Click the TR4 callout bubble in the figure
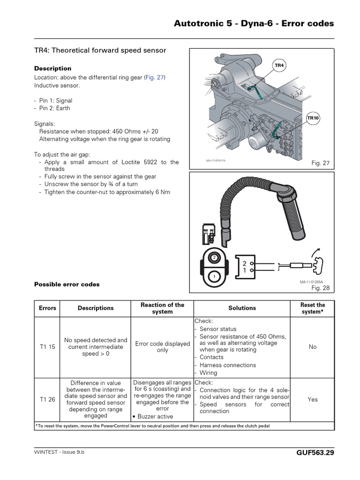(279, 66)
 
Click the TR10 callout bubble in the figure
(313, 119)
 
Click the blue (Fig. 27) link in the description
(155, 77)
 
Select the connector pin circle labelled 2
(214, 257)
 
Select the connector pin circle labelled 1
(214, 277)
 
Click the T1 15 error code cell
(47, 347)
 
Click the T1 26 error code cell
(47, 399)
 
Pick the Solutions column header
(242, 308)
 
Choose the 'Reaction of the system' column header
(162, 308)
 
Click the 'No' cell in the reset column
(313, 347)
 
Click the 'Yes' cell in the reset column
(313, 399)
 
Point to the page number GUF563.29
(315, 453)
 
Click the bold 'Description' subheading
(53, 68)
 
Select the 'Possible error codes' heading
(67, 284)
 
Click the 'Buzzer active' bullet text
(155, 416)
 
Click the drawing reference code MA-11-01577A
(216, 160)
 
